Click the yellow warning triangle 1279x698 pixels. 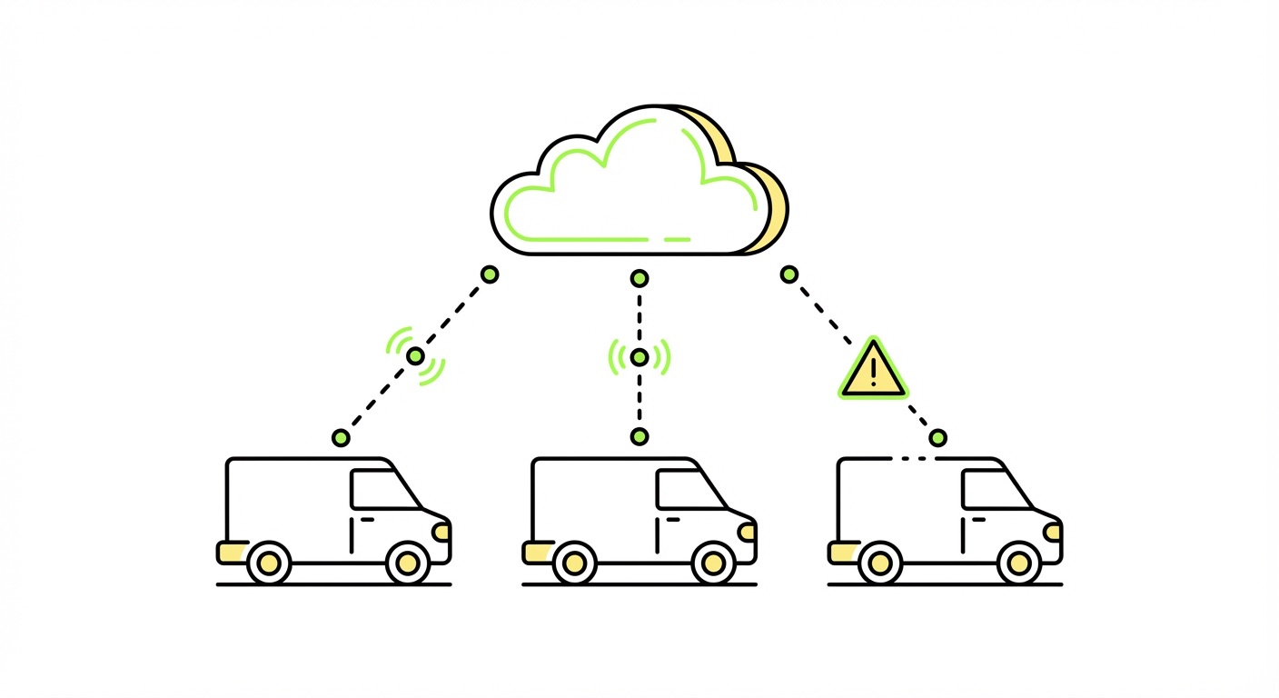point(873,371)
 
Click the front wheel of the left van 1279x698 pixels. point(408,563)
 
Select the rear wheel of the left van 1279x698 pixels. point(268,563)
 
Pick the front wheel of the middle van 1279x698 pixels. point(713,563)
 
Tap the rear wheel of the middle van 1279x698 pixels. point(573,563)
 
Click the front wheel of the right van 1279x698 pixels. point(1019,563)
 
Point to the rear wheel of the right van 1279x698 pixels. point(879,563)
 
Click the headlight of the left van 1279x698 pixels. point(441,532)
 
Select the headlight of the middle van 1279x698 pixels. point(747,532)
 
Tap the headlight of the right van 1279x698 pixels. point(1053,532)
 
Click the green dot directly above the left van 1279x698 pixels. point(341,438)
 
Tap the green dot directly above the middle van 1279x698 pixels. point(639,437)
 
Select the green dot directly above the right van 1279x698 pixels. point(937,438)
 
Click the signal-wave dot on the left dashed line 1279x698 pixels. point(415,356)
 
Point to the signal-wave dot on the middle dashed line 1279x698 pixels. point(639,357)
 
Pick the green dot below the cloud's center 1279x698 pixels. point(639,278)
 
